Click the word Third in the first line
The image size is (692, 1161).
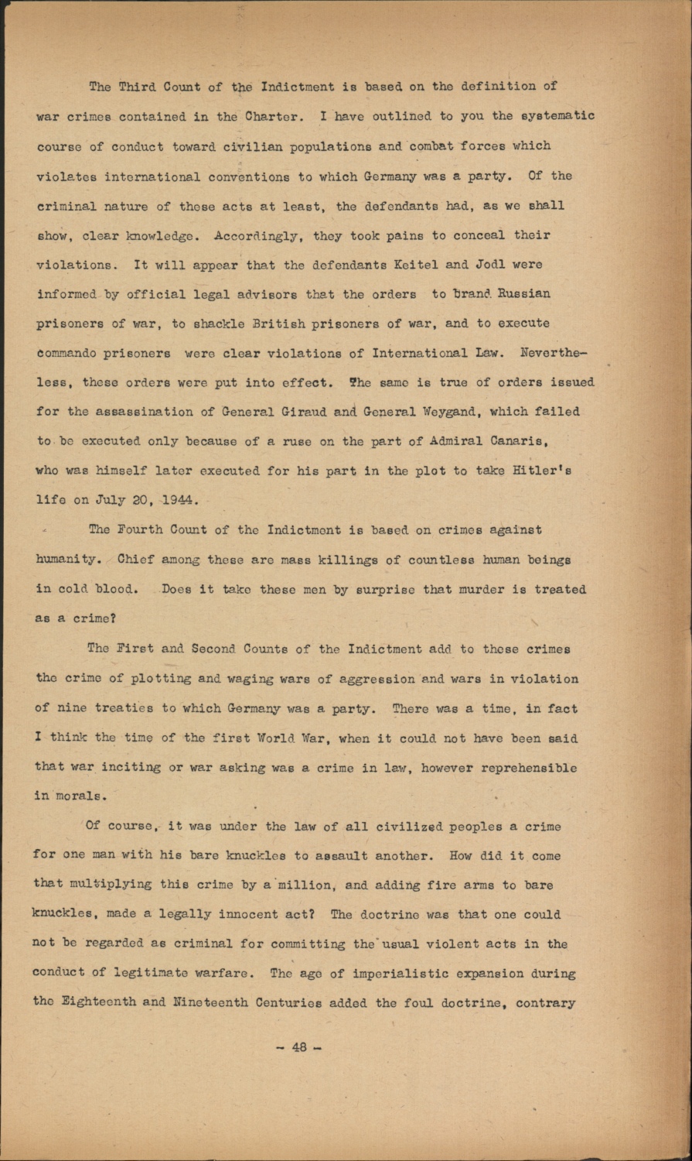pos(137,86)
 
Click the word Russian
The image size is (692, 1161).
pos(523,294)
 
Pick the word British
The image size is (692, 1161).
pos(275,324)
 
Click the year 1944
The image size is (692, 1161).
pos(182,500)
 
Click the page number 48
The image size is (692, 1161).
pos(299,1048)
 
